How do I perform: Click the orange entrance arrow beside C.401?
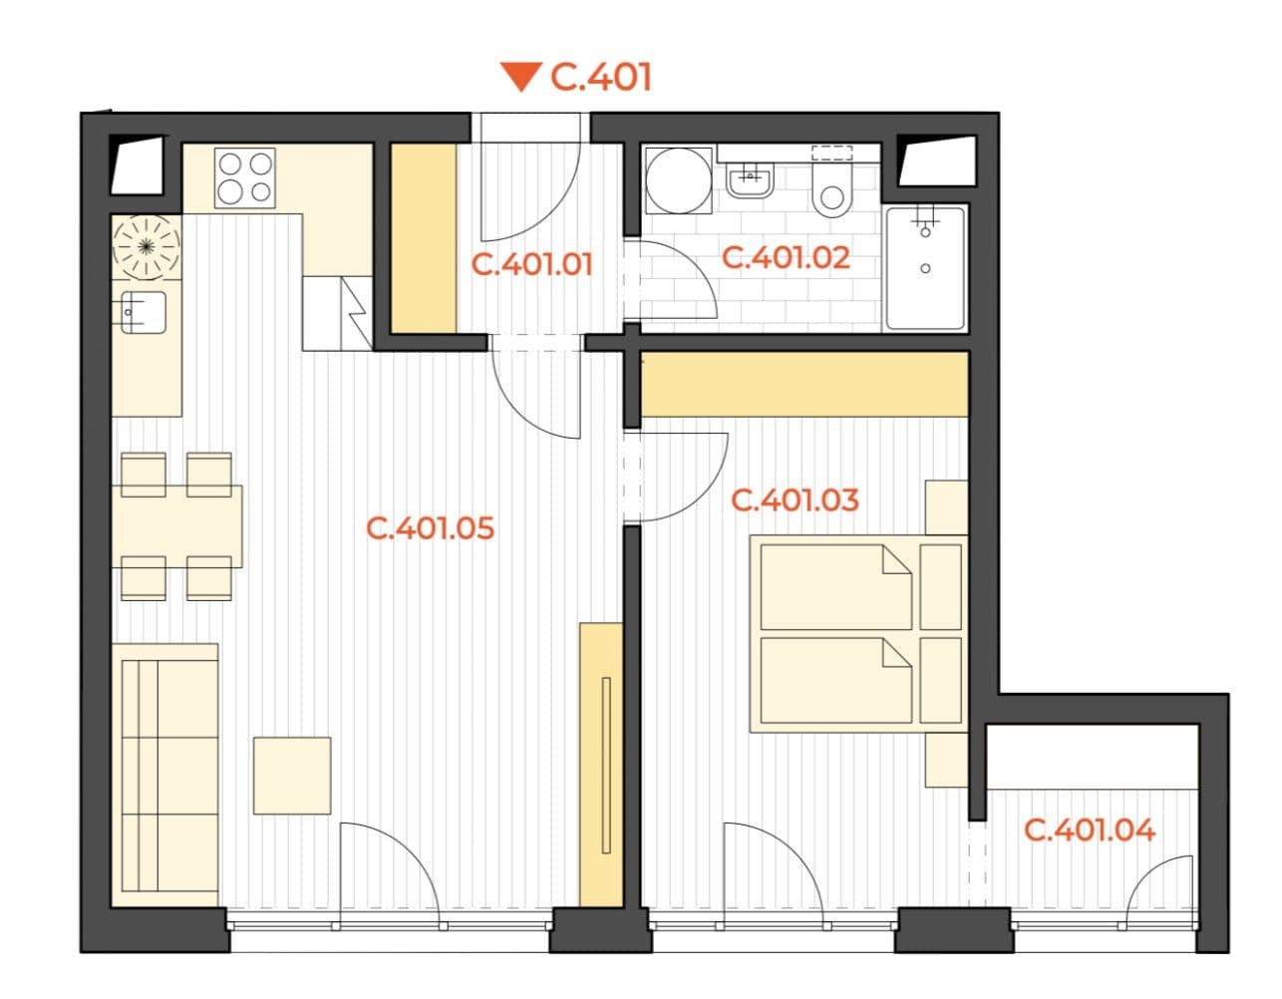click(x=519, y=77)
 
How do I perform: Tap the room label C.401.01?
click(x=531, y=265)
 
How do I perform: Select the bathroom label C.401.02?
click(x=786, y=257)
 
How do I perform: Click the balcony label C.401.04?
click(x=1090, y=829)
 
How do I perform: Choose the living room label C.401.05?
click(x=430, y=526)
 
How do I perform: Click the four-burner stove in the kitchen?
click(x=245, y=177)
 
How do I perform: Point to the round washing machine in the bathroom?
click(x=679, y=181)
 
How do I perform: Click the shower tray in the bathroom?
click(x=925, y=267)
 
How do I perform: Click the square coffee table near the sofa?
click(x=292, y=776)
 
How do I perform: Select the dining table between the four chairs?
click(x=177, y=525)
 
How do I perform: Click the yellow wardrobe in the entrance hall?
click(x=423, y=237)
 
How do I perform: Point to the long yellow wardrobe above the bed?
click(x=803, y=384)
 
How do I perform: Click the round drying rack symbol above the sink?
click(x=148, y=245)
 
